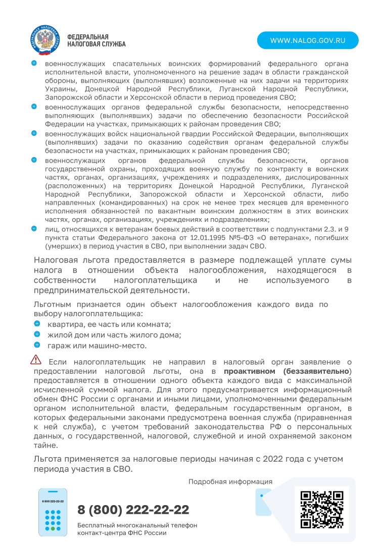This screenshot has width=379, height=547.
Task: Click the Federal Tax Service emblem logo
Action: point(45,40)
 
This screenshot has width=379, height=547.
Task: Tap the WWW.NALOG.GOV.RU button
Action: point(307,40)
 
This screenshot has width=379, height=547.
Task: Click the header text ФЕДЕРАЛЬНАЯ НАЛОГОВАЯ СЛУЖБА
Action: point(96,40)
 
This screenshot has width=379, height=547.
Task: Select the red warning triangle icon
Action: point(36,360)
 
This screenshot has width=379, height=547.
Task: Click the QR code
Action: point(322,509)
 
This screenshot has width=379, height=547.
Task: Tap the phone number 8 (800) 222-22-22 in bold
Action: point(133,509)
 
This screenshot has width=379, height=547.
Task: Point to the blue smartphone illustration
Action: point(53,512)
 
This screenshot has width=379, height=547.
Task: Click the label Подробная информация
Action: point(230,482)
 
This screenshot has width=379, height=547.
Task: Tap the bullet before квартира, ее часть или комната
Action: point(37,324)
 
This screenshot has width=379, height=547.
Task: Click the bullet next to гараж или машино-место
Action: point(37,345)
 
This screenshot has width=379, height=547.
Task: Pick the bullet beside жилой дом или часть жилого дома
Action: point(37,334)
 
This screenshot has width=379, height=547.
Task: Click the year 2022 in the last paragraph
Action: point(256,459)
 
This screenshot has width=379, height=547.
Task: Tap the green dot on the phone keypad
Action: point(53,528)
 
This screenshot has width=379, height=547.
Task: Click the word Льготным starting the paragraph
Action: point(53,305)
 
